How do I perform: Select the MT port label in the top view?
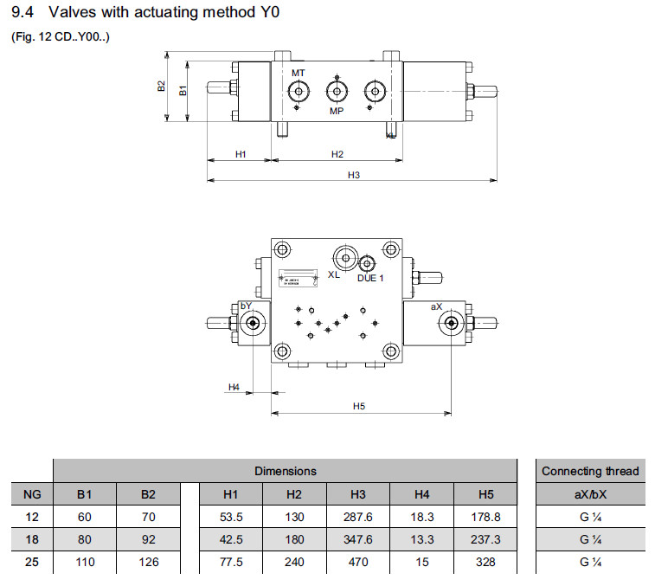coord(298,72)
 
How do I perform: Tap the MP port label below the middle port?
coord(337,112)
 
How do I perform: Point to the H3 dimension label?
coord(353,175)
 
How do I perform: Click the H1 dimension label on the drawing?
coord(241,154)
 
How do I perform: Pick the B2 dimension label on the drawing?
coord(161,87)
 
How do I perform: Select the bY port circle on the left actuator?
coord(253,324)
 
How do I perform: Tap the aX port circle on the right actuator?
coord(449,324)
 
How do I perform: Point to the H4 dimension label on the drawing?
coord(234,386)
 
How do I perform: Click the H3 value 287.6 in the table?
coord(358,517)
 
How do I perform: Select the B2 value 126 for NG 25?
coord(148,562)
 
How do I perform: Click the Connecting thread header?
coord(590,471)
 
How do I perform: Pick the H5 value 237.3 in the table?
coord(485,539)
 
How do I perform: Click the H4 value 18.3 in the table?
coord(422,517)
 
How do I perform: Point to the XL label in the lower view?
coord(334,275)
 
